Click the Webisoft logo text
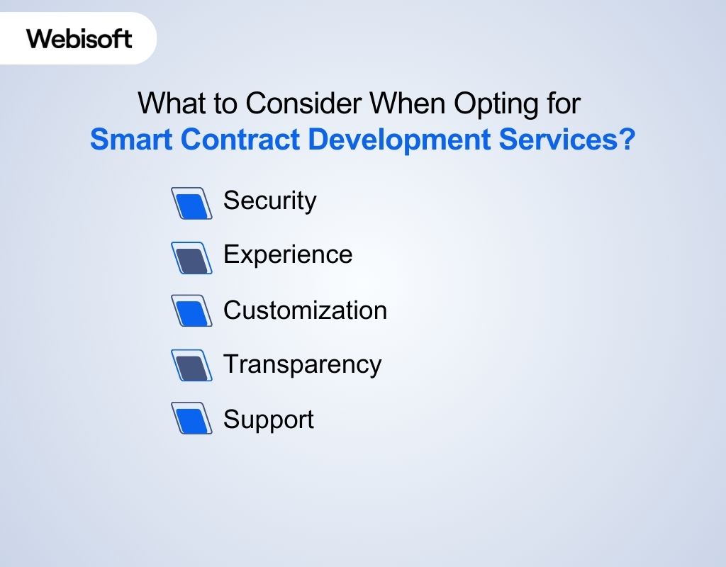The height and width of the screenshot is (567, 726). pyautogui.click(x=79, y=38)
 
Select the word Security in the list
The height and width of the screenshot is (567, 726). pyautogui.click(x=269, y=201)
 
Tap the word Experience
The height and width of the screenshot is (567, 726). pyautogui.click(x=288, y=254)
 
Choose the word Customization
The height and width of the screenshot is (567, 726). pyautogui.click(x=305, y=310)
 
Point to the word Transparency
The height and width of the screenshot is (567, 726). pyautogui.click(x=302, y=364)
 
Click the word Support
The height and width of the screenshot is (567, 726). pyautogui.click(x=268, y=420)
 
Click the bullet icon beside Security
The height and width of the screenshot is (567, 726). pyautogui.click(x=191, y=203)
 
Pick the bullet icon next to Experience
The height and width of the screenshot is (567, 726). pyautogui.click(x=191, y=258)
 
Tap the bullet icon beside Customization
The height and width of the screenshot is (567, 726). pyautogui.click(x=191, y=311)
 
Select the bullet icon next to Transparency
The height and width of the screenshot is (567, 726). pyautogui.click(x=191, y=366)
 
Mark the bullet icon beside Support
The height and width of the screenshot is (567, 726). pyautogui.click(x=191, y=419)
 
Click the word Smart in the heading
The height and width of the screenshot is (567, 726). pyautogui.click(x=131, y=140)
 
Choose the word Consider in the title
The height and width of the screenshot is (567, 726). pyautogui.click(x=303, y=104)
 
